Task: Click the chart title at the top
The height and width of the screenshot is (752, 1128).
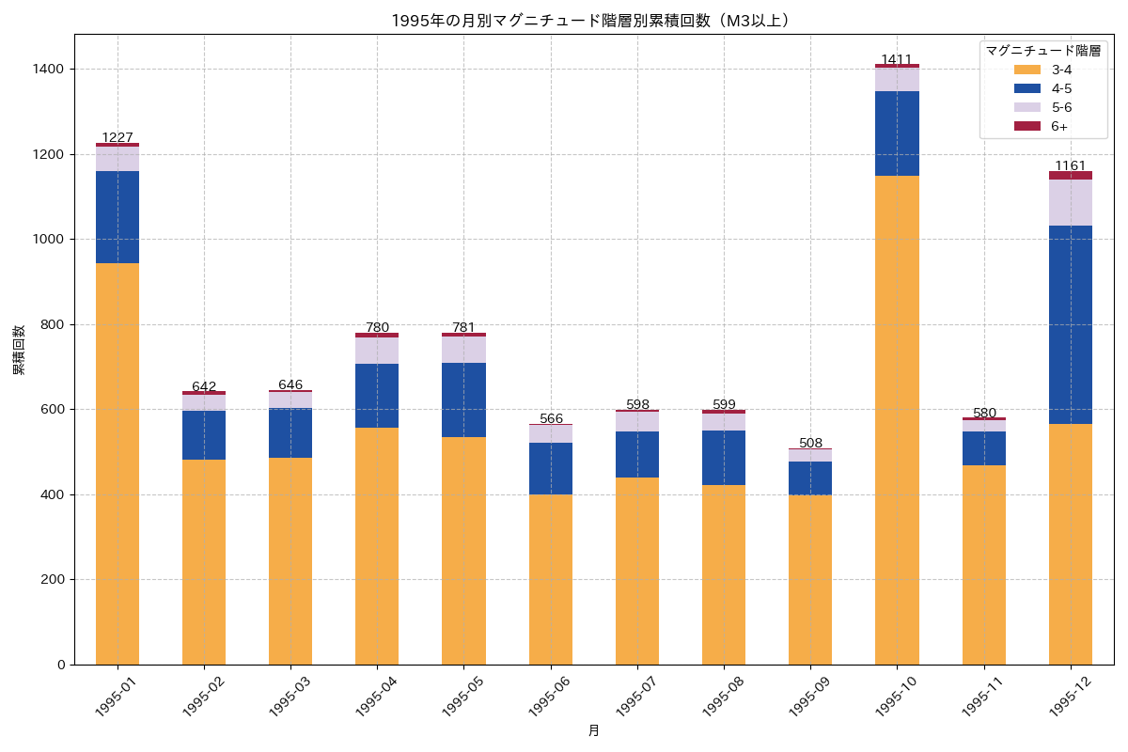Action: tap(589, 21)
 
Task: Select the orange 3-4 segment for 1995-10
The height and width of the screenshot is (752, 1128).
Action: tap(897, 419)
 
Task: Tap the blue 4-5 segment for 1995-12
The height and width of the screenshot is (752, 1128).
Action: tap(1070, 324)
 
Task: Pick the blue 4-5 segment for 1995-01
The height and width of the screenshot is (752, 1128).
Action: tap(117, 217)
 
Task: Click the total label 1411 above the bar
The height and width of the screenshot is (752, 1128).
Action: tap(897, 59)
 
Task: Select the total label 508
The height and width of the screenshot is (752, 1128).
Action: tap(810, 443)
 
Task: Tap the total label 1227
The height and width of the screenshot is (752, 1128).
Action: tap(117, 137)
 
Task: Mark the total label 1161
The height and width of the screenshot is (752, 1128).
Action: tap(1070, 165)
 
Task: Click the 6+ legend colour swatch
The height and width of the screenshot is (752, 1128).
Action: tap(1027, 126)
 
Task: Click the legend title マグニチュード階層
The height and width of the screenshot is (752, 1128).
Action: tap(1042, 51)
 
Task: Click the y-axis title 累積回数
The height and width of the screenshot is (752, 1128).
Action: tap(19, 350)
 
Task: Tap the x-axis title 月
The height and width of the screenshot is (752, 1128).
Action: tap(594, 730)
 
